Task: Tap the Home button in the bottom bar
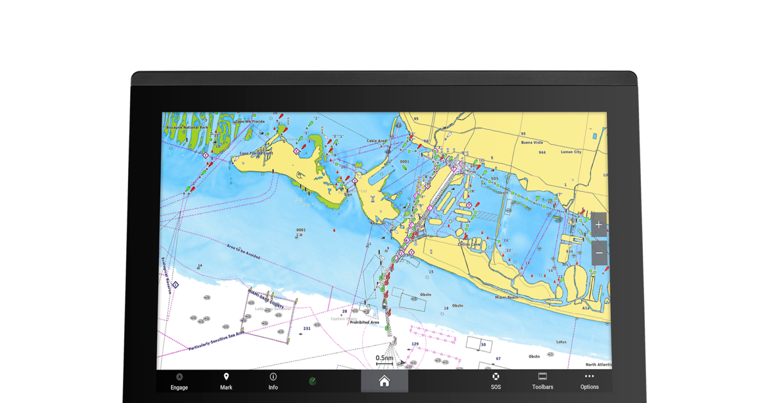384,381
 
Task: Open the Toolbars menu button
542,381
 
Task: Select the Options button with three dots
589,381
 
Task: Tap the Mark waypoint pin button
226,381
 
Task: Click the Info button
273,381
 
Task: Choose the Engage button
179,381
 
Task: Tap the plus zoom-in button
599,225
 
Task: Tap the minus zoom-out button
599,253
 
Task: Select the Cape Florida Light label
256,153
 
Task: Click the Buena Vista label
532,142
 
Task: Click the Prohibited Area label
364,322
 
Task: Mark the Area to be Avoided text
244,251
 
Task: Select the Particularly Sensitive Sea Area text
217,341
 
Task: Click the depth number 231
307,329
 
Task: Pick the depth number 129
415,345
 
